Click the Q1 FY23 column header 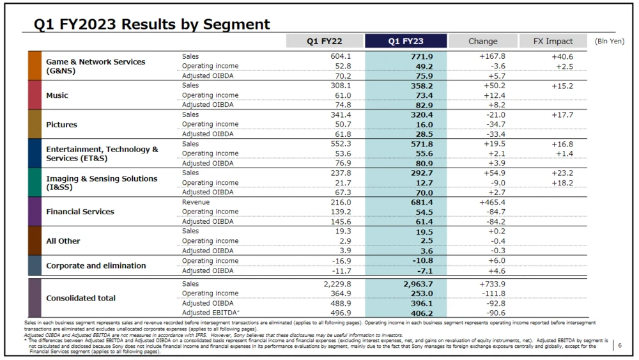[406, 41]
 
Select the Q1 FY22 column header [324, 41]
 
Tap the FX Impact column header [553, 41]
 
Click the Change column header [482, 41]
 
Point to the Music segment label [57, 95]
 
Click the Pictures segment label [61, 125]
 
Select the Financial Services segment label [80, 212]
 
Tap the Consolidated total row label [81, 298]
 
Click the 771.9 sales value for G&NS [422, 56]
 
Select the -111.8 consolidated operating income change [493, 293]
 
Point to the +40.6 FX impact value [562, 56]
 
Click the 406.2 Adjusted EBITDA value [422, 313]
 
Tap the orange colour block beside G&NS [35, 66]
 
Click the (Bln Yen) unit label [609, 42]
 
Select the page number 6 [620, 346]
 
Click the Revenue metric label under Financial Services [196, 202]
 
